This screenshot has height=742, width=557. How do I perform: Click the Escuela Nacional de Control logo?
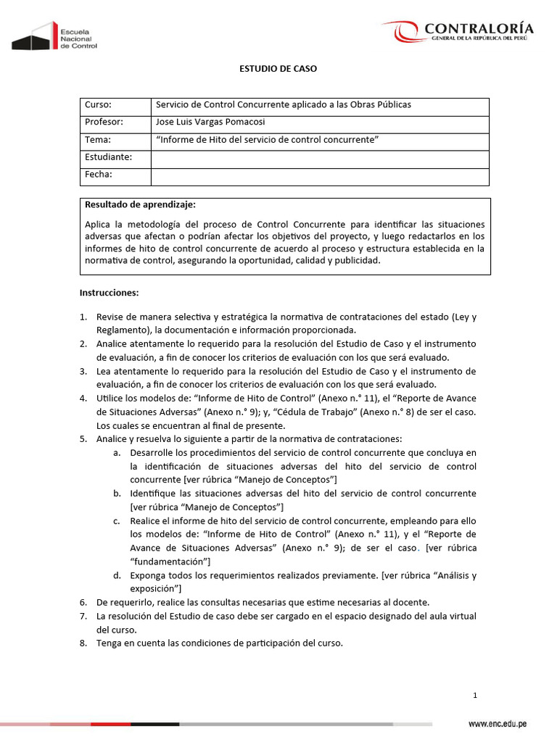point(54,36)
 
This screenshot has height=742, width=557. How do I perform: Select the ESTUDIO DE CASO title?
point(278,69)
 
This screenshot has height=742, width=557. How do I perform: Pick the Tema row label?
point(98,139)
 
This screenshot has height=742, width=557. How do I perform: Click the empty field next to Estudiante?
point(319,157)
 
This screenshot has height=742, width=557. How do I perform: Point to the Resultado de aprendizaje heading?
point(140,204)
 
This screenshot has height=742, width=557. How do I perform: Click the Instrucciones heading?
point(109,293)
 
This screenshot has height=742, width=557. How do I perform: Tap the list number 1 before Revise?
point(83,317)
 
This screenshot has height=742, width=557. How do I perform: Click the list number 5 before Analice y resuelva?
point(83,438)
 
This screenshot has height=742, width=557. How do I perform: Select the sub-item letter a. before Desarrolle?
point(116,452)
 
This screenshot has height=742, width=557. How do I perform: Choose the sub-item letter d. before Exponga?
point(116,575)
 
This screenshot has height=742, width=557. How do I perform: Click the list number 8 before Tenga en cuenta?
point(83,643)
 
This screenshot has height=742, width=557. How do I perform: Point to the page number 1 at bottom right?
point(475,696)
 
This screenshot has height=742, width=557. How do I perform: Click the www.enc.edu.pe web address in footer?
point(497,724)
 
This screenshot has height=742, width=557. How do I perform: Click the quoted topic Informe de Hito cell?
point(268,139)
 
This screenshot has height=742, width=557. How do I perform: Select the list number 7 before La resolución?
point(83,616)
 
